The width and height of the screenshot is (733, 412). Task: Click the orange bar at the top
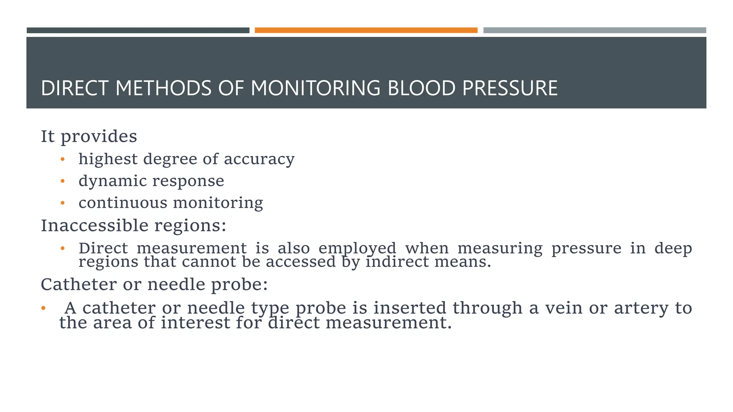click(366, 30)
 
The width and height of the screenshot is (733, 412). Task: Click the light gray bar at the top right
click(594, 30)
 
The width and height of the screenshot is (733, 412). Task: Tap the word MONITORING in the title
click(315, 88)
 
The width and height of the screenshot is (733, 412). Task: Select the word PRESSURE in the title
click(510, 88)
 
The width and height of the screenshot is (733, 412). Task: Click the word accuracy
click(259, 160)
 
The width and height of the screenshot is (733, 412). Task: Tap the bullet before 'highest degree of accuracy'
click(63, 160)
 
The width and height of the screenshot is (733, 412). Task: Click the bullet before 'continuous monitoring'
click(63, 203)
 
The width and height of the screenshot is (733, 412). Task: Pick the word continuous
click(123, 203)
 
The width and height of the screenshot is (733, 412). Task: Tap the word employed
click(357, 249)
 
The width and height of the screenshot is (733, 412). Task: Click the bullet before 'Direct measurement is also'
click(63, 248)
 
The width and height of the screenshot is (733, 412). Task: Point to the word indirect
click(397, 262)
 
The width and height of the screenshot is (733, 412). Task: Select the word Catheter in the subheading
click(79, 285)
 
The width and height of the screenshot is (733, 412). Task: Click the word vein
click(564, 308)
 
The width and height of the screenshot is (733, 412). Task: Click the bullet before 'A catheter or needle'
click(43, 308)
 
